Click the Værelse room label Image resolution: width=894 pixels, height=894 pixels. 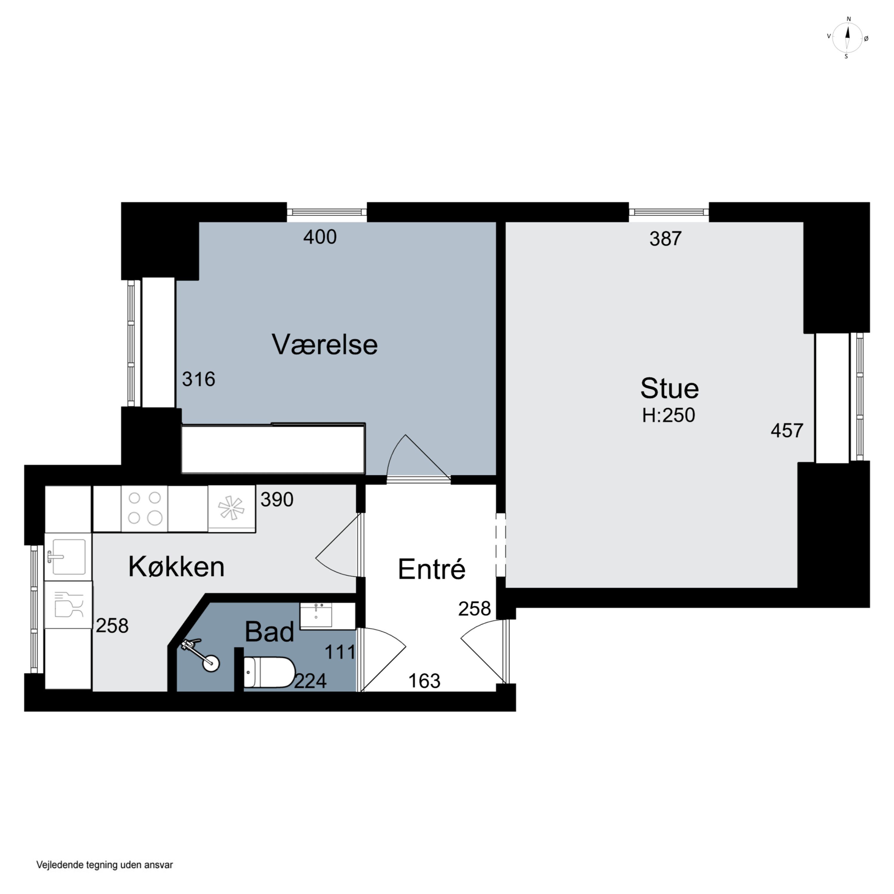click(325, 345)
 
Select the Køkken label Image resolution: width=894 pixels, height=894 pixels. click(176, 566)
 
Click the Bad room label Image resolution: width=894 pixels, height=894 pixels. click(269, 632)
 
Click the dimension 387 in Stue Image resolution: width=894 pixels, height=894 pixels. click(665, 239)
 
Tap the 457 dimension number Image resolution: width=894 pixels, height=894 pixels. click(787, 431)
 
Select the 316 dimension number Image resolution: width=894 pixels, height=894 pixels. click(198, 379)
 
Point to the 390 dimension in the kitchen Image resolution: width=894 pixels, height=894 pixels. click(277, 500)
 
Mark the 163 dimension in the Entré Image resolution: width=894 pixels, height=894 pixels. click(424, 681)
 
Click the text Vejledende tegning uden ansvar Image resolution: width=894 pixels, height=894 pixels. click(105, 864)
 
